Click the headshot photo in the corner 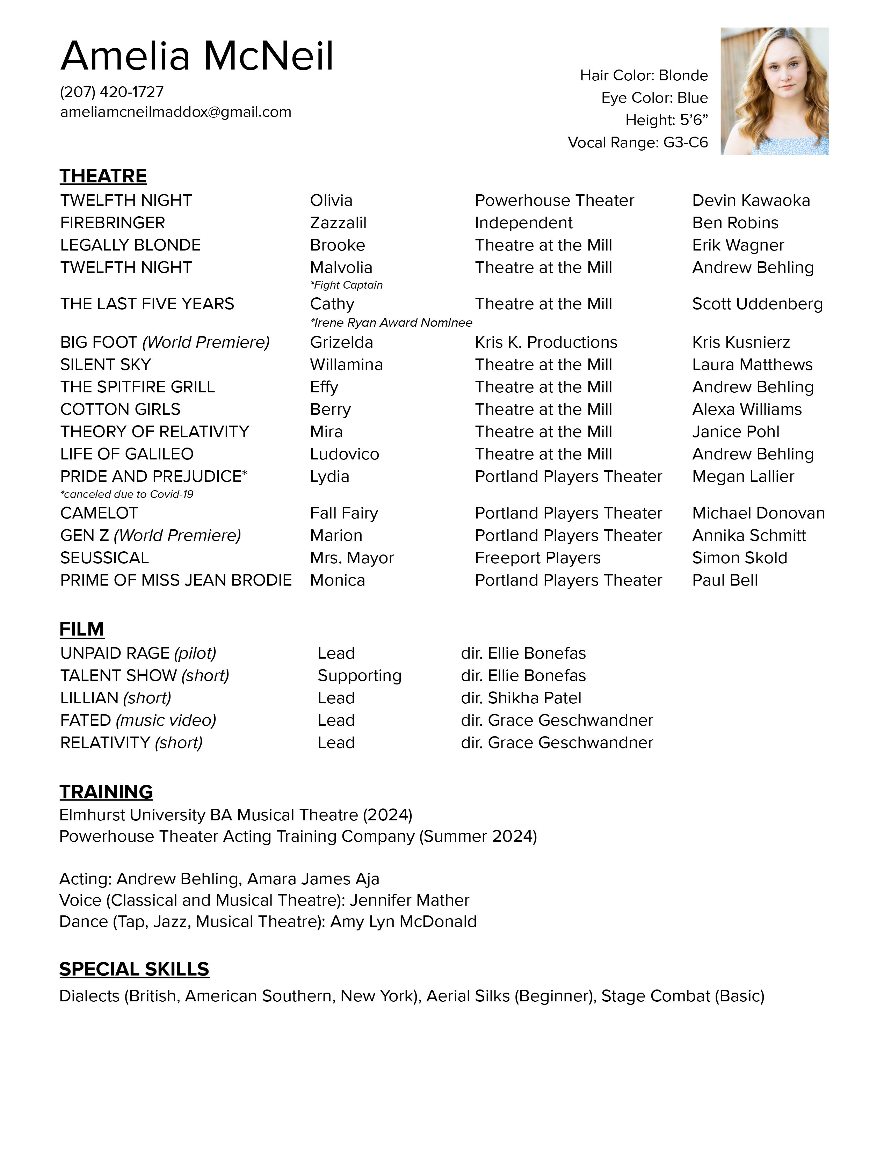tap(774, 91)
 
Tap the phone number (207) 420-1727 tap(112, 92)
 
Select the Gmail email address tap(175, 112)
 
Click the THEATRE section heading tap(103, 176)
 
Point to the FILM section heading tap(81, 629)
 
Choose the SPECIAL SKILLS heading tap(134, 969)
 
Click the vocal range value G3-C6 tap(685, 143)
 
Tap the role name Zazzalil tap(338, 223)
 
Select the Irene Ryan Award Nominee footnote tap(391, 322)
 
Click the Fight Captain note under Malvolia tap(346, 285)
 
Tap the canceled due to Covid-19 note tap(127, 494)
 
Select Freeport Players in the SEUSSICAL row tap(537, 558)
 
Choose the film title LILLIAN tap(89, 698)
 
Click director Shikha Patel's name tap(534, 698)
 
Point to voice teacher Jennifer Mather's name tap(409, 900)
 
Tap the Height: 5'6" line tap(666, 121)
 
